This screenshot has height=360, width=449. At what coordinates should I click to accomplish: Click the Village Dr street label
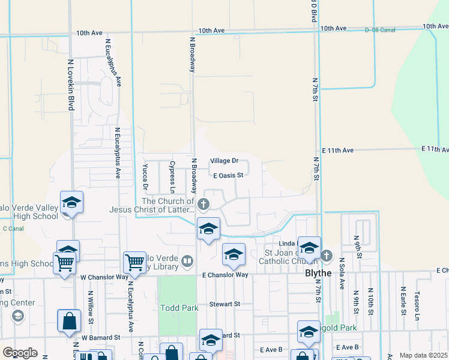[x=224, y=161]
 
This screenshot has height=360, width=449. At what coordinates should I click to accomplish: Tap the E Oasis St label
[x=228, y=175]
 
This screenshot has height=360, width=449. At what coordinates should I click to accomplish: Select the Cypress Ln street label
[x=172, y=172]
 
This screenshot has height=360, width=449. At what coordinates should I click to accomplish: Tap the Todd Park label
[x=179, y=308]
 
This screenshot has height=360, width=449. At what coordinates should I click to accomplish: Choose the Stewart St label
[x=224, y=304]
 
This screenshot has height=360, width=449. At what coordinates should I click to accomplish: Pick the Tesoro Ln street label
[x=415, y=303]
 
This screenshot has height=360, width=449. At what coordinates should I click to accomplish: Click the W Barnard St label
[x=104, y=337]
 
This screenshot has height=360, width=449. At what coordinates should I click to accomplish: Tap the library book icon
[x=187, y=260]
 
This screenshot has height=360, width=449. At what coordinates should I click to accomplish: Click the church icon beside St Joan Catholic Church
[x=326, y=256]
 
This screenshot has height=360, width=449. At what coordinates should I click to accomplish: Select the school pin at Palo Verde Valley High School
[x=71, y=203]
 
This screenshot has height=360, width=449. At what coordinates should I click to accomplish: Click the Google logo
[x=20, y=353]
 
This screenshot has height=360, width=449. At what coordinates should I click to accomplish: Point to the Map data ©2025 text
[x=423, y=355]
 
